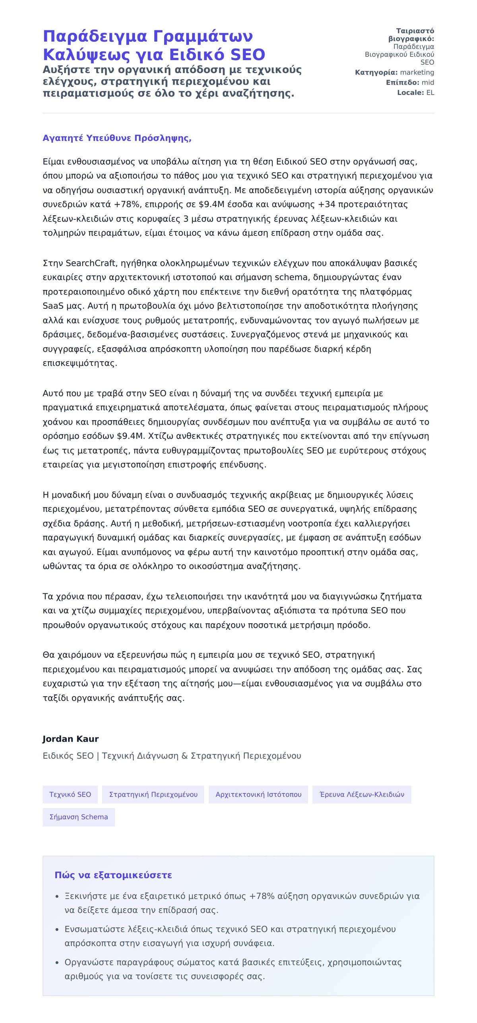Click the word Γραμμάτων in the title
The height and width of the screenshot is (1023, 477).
(x=203, y=37)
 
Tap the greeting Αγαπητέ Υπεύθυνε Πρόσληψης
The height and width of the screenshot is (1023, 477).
(x=117, y=138)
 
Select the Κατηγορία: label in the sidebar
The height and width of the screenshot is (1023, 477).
(x=376, y=72)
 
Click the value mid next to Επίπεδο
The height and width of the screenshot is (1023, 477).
(x=428, y=83)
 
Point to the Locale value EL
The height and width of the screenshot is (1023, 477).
(x=430, y=93)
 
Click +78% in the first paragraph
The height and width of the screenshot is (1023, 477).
(x=127, y=205)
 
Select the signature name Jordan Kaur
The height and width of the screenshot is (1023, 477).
(x=70, y=739)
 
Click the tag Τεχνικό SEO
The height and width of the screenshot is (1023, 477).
(x=70, y=794)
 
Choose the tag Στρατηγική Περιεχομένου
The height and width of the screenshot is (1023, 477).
(x=153, y=794)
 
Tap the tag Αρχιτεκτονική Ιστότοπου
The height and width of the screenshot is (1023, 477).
(x=258, y=794)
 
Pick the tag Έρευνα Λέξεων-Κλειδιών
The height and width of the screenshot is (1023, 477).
(x=362, y=794)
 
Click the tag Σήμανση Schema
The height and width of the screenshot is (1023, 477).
(x=78, y=817)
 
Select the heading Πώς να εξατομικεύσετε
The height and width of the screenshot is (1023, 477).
(x=113, y=875)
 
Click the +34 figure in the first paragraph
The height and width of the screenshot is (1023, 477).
(x=326, y=205)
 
